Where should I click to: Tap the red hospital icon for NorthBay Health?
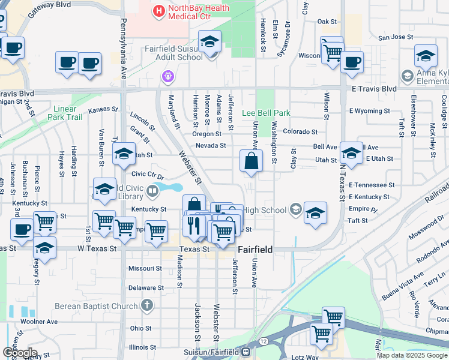click(158, 10)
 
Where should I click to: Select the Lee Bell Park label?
click(266, 113)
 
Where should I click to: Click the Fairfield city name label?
click(256, 249)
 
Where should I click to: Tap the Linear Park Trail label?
click(67, 113)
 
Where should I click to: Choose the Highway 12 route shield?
click(264, 341)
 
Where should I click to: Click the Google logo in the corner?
click(20, 353)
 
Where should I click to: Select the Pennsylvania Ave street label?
click(124, 49)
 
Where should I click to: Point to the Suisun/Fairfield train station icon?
click(246, 352)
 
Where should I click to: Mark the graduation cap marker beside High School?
click(315, 214)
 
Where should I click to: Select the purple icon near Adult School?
click(167, 76)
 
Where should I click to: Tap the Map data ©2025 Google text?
click(412, 355)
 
